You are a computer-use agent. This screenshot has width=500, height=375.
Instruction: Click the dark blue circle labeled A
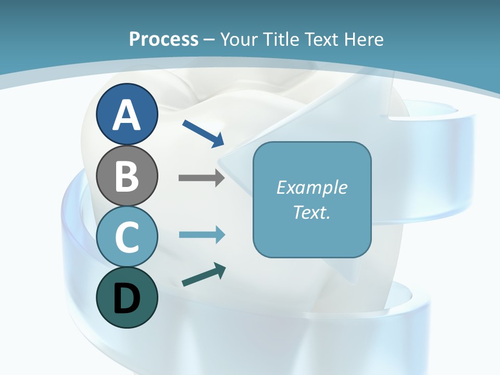(127, 114)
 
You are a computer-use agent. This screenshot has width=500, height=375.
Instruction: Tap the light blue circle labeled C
(127, 237)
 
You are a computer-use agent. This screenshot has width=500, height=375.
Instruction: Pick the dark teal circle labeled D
(127, 298)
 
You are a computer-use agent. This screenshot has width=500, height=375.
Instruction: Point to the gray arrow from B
(201, 178)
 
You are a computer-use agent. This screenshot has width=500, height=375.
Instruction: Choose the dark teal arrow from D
(204, 275)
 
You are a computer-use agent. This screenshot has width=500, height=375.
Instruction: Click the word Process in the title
(164, 39)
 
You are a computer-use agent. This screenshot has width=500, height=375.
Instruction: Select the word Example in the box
(311, 188)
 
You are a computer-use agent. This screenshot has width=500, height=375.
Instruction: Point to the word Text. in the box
(311, 213)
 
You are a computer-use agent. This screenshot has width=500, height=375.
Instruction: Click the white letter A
(127, 115)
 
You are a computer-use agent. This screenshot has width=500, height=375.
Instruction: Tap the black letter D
(127, 299)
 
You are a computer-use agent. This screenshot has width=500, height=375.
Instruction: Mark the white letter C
(127, 238)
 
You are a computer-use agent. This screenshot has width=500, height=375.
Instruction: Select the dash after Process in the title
(209, 40)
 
